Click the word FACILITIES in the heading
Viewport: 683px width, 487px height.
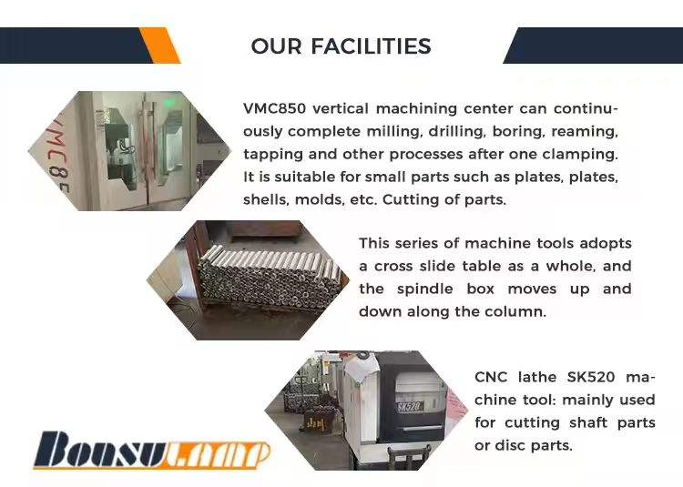pyautogui.click(x=371, y=46)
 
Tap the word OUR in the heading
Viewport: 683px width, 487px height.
pyautogui.click(x=276, y=46)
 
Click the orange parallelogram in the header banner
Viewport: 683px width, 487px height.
pyautogui.click(x=160, y=46)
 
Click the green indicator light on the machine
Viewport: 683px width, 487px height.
pyautogui.click(x=168, y=103)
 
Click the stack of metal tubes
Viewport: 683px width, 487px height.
pyautogui.click(x=268, y=278)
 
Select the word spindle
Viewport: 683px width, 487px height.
pyautogui.click(x=424, y=289)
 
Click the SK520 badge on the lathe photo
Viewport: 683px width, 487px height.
pyautogui.click(x=409, y=407)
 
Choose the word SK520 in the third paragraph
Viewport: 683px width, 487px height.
pyautogui.click(x=591, y=377)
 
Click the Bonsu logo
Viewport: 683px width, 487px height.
pyautogui.click(x=151, y=450)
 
